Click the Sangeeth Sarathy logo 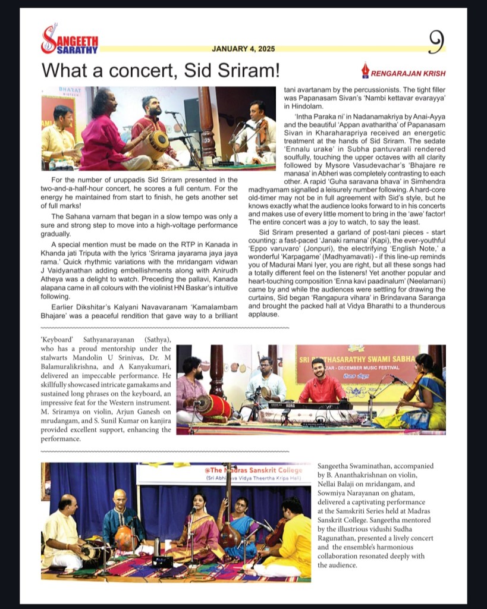pyautogui.click(x=69, y=40)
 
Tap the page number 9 pyautogui.click(x=436, y=41)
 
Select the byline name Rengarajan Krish pyautogui.click(x=408, y=73)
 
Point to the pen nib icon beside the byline pyautogui.click(x=365, y=71)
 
